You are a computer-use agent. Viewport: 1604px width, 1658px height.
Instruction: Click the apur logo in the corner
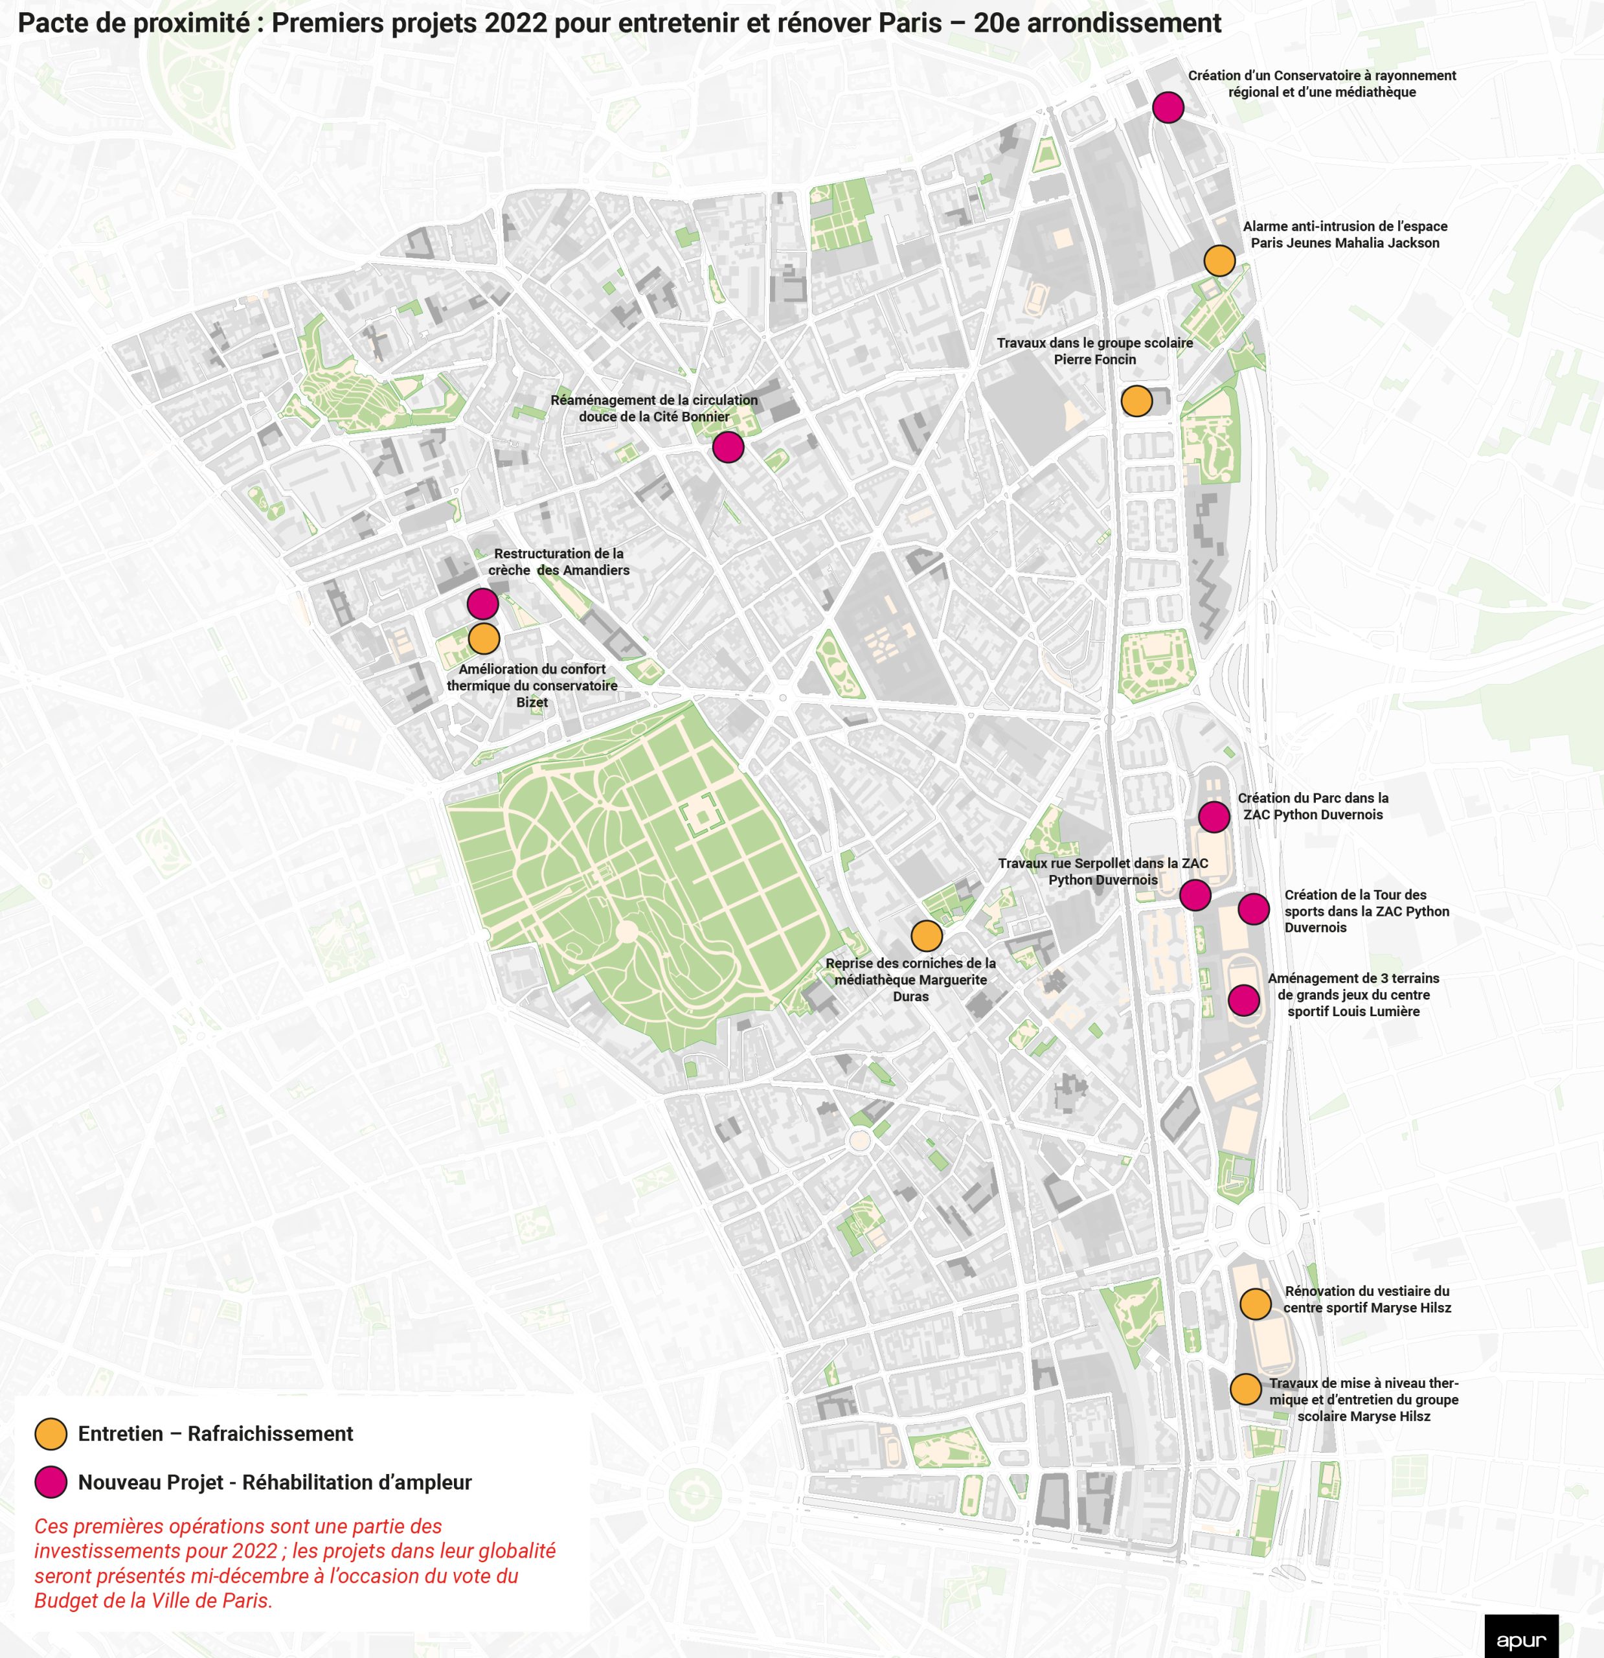[x=1520, y=1639]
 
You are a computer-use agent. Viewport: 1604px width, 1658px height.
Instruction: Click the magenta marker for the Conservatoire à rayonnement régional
[x=1168, y=108]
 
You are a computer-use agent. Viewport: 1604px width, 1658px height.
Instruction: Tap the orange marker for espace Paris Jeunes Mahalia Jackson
[x=1219, y=260]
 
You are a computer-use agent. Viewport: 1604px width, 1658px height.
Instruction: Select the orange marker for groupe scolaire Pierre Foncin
[x=1136, y=401]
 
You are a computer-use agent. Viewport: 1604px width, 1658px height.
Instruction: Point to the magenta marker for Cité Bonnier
[x=728, y=447]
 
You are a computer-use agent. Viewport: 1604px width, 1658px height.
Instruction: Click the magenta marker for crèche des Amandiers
[x=482, y=604]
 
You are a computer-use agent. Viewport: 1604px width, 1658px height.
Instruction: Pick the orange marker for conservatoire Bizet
[x=484, y=639]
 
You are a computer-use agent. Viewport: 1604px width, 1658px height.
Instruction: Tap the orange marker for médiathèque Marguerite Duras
[x=927, y=937]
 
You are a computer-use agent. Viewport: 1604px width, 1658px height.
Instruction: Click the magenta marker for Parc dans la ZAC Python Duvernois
[x=1214, y=817]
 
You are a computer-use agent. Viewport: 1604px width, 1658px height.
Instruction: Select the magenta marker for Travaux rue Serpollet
[x=1195, y=895]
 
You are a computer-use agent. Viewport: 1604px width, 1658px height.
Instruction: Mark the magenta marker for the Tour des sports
[x=1253, y=909]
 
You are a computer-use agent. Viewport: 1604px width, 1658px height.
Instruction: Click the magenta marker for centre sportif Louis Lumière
[x=1243, y=1000]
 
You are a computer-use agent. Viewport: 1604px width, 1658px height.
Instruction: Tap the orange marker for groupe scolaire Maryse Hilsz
[x=1245, y=1389]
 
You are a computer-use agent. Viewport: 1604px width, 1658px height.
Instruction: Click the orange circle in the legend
[x=51, y=1434]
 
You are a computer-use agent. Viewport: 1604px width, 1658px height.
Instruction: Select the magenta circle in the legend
[x=51, y=1482]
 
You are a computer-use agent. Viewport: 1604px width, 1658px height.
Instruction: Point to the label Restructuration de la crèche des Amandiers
[x=558, y=562]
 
